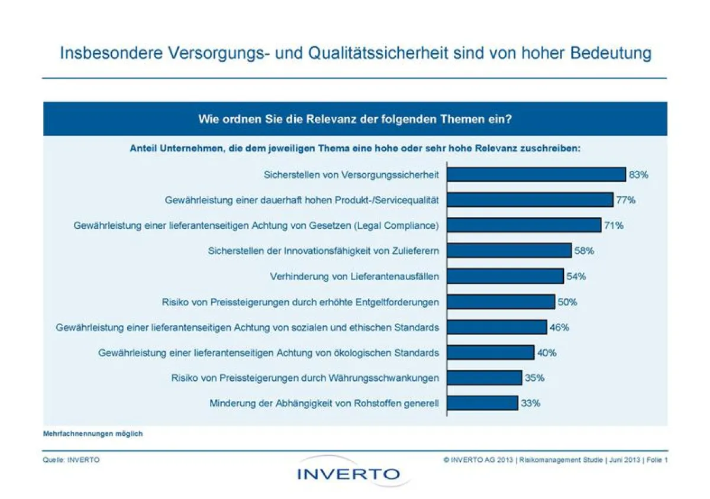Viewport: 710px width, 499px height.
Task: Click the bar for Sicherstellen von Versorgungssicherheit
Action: click(x=535, y=174)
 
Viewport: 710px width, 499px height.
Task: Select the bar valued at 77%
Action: click(x=530, y=200)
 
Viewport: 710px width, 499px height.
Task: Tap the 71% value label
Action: click(x=614, y=225)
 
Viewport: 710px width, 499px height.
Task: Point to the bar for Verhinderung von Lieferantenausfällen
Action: click(x=505, y=276)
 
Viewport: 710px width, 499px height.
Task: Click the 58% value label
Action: click(x=584, y=251)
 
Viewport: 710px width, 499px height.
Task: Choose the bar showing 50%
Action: click(x=501, y=302)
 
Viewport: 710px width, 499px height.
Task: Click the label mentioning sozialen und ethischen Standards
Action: click(x=247, y=327)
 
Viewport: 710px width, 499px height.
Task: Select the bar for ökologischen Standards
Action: click(x=490, y=352)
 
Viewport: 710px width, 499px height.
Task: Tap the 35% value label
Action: click(x=534, y=378)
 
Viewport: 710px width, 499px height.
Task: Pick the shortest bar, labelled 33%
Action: click(x=482, y=403)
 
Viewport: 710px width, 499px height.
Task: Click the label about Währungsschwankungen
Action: click(x=305, y=378)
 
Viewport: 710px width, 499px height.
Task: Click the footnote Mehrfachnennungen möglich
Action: click(x=93, y=433)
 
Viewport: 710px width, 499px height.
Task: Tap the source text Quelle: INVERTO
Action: click(x=71, y=460)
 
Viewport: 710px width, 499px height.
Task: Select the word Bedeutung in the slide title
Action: click(x=611, y=53)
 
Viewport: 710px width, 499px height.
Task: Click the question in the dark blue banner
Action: click(x=354, y=119)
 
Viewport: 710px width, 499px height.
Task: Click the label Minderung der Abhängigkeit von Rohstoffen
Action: click(x=324, y=403)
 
